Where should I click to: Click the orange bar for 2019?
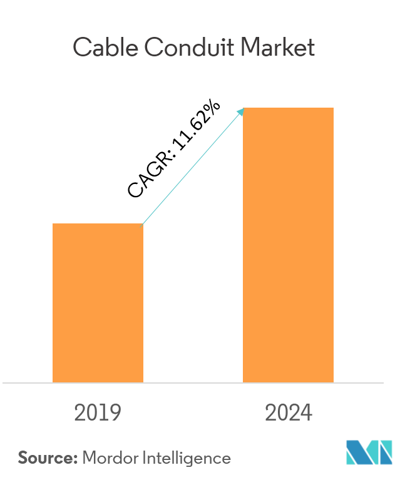pyautogui.click(x=98, y=303)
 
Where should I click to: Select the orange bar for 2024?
pyautogui.click(x=288, y=245)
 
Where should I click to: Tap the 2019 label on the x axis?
pyautogui.click(x=97, y=413)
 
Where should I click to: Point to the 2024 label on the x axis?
pyautogui.click(x=288, y=413)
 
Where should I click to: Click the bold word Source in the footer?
pyautogui.click(x=46, y=458)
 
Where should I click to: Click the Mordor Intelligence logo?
pyautogui.click(x=369, y=452)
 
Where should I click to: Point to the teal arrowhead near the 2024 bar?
pyautogui.click(x=240, y=111)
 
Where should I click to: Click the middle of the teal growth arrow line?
pyautogui.click(x=192, y=167)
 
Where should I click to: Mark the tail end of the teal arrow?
pyautogui.click(x=144, y=223)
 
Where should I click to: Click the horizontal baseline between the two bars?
pyautogui.click(x=193, y=382)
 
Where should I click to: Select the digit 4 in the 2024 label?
pyautogui.click(x=305, y=413)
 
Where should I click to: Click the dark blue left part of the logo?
pyautogui.click(x=356, y=452)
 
